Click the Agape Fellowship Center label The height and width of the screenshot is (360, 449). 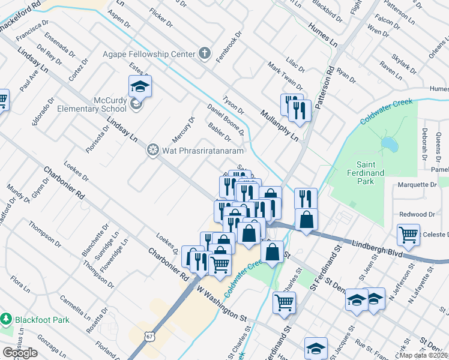(x=149, y=54)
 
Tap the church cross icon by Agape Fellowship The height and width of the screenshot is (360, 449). (x=204, y=54)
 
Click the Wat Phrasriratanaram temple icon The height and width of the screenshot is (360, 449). (x=153, y=149)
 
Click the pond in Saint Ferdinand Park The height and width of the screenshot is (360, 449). (x=390, y=145)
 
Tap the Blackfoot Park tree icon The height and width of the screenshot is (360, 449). (x=7, y=319)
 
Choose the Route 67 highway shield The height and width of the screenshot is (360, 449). (x=148, y=337)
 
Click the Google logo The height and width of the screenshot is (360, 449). (x=20, y=353)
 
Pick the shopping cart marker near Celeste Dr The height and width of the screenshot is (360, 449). (x=408, y=236)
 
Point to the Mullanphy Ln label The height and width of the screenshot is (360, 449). (x=279, y=124)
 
